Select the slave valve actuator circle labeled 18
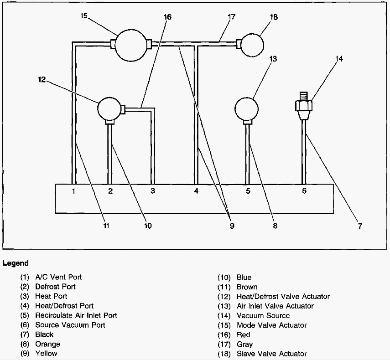[252, 44]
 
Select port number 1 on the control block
[73, 191]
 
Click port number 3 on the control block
[153, 191]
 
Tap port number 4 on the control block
[196, 191]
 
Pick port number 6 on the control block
[304, 191]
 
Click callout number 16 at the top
[167, 17]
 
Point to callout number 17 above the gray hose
[231, 17]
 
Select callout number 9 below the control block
[232, 226]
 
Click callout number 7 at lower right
[360, 226]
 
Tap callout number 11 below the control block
[106, 226]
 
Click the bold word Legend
[16, 263]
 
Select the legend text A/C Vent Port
[58, 277]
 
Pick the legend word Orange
[47, 344]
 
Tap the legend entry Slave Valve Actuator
[271, 354]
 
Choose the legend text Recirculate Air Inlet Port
[76, 315]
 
